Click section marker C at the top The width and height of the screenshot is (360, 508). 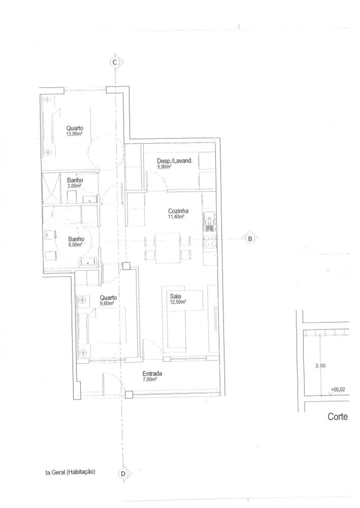click(x=115, y=62)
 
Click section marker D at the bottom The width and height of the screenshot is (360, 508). click(x=123, y=473)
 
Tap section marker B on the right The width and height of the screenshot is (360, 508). click(x=250, y=239)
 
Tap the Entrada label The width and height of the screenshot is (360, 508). click(x=152, y=374)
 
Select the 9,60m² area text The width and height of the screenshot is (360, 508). click(x=107, y=303)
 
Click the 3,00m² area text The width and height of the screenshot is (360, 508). click(x=74, y=185)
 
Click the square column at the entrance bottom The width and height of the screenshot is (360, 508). click(x=128, y=395)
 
